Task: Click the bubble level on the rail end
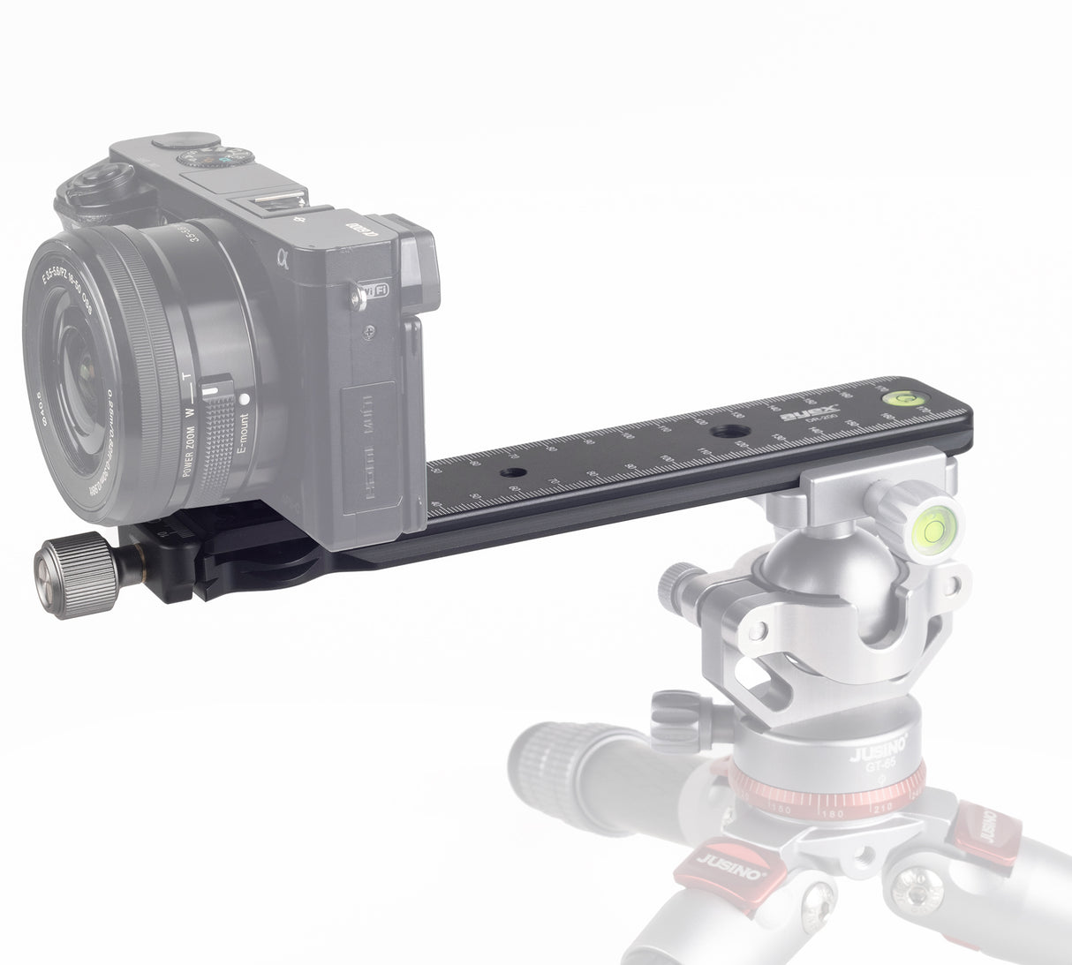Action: point(901,398)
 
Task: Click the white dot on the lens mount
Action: point(244,397)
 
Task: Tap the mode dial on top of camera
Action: point(215,158)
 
